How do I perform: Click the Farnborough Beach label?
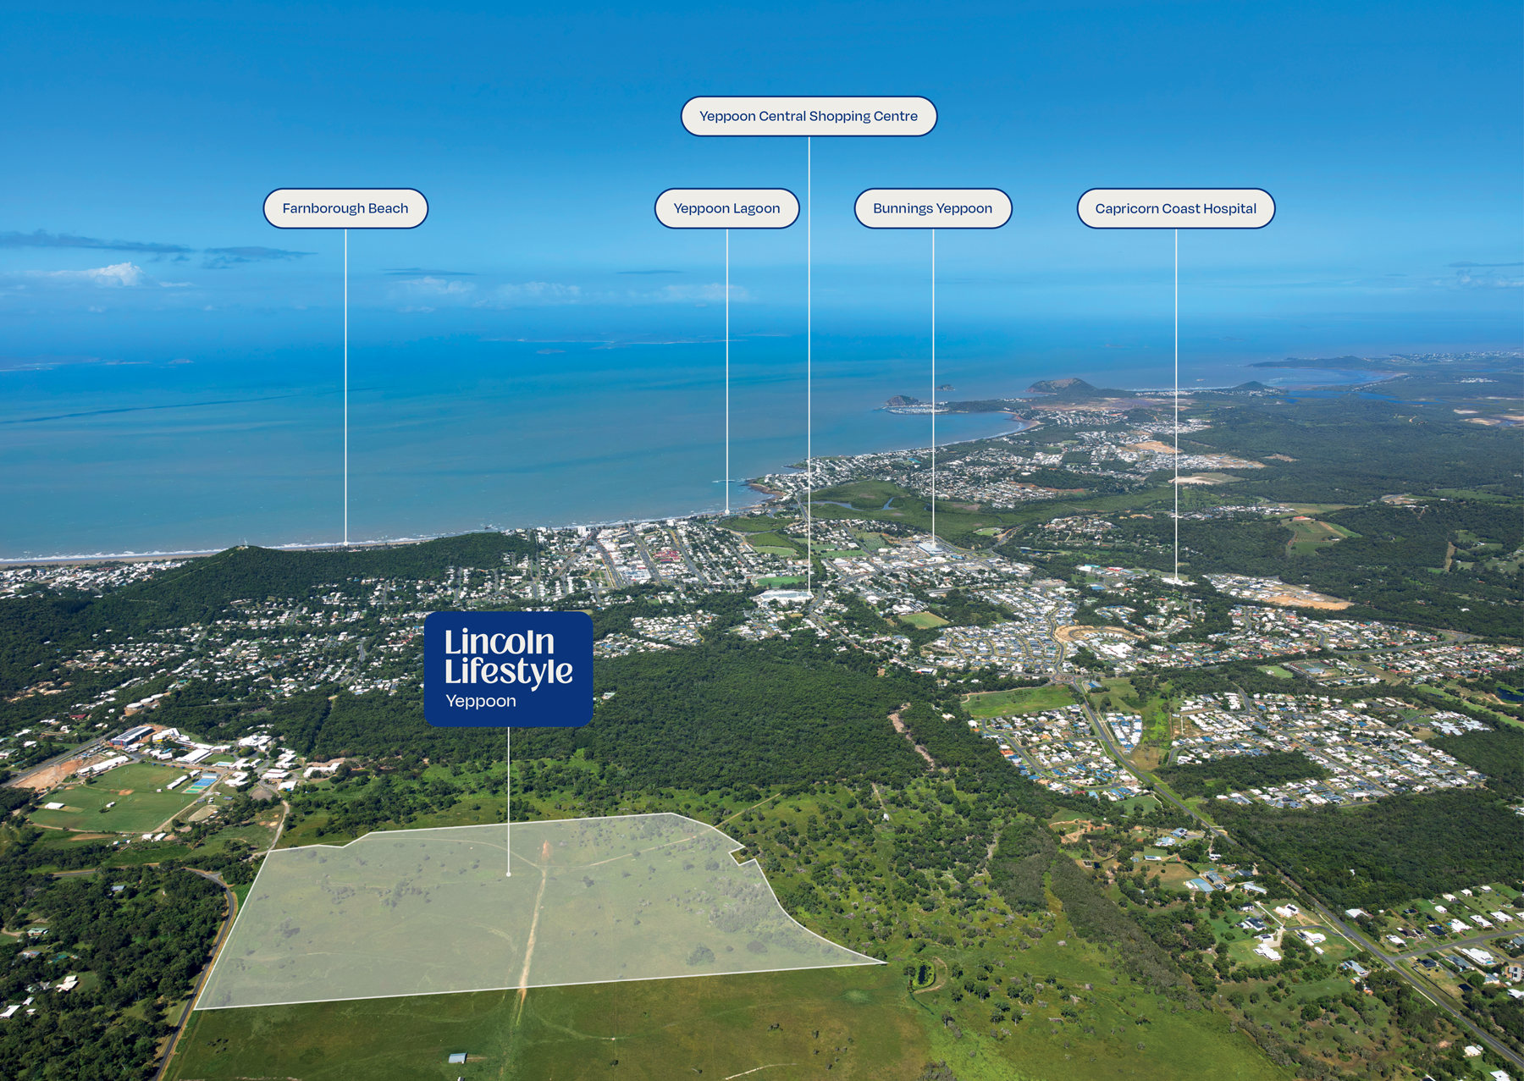345,208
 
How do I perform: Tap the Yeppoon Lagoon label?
726,208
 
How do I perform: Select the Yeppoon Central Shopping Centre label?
809,116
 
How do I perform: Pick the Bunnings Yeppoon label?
933,208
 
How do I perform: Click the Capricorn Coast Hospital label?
1176,208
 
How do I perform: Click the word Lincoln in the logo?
500,642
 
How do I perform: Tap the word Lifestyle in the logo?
509,672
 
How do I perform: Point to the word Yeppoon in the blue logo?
481,701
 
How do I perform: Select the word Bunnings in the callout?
903,209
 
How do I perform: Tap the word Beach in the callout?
388,208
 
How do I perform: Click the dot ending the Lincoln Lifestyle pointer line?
508,874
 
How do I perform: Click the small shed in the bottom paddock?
457,1057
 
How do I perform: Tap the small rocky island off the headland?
901,400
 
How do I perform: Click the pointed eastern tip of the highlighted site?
886,962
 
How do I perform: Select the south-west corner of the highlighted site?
196,1009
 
